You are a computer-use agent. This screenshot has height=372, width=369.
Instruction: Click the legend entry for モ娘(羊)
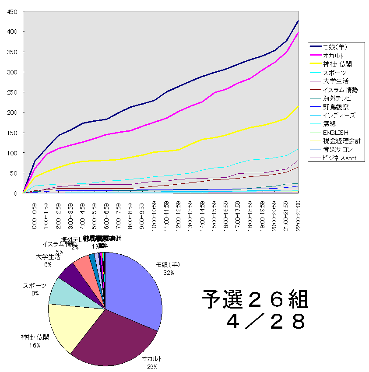point(335,47)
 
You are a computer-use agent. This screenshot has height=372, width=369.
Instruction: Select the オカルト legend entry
point(333,56)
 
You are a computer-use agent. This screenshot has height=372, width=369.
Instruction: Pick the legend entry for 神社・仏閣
point(337,64)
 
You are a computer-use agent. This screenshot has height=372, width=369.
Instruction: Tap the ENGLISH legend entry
point(336,132)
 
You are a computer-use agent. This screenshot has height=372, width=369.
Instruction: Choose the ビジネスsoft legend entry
point(340,158)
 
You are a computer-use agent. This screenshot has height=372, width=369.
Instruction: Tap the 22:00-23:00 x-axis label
point(298,216)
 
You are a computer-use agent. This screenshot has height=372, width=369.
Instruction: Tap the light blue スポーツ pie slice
point(61,293)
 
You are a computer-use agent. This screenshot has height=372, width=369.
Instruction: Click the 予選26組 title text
point(255,301)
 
